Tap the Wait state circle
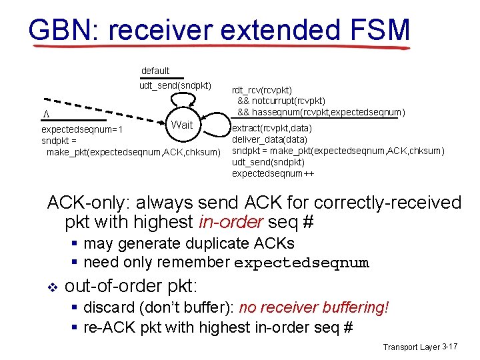(182, 125)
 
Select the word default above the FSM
(155, 71)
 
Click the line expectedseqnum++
(273, 173)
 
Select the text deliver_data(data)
(269, 139)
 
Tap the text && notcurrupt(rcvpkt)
(281, 101)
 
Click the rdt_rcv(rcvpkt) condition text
(262, 90)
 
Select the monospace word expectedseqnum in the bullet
(301, 263)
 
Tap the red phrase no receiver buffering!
(313, 307)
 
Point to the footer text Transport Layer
(411, 347)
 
